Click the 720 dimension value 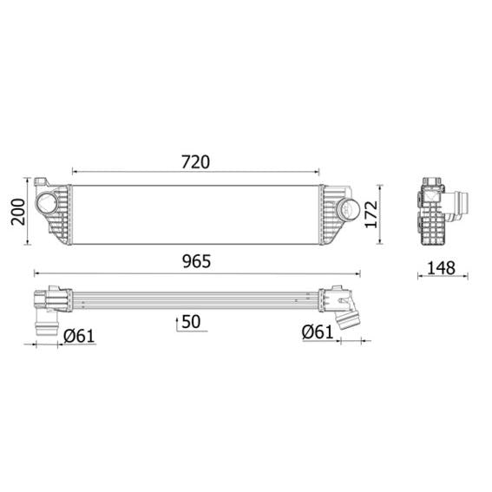[195, 161]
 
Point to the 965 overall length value [195, 260]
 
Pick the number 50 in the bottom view [192, 322]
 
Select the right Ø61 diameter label [318, 331]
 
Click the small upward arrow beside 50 [178, 322]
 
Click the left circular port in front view [46, 207]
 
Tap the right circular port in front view [348, 208]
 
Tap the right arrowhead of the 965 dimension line [358, 272]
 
